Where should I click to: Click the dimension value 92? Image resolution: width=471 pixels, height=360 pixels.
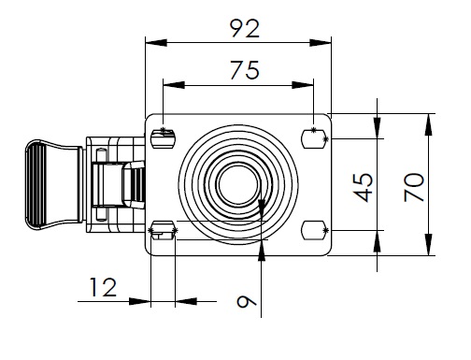point(245,29)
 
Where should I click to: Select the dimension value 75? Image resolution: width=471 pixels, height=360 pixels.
point(245,70)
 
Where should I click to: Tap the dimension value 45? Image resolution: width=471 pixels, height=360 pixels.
point(363,187)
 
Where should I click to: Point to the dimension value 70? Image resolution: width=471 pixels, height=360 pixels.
point(414,187)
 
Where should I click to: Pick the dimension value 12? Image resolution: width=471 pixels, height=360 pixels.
point(103,287)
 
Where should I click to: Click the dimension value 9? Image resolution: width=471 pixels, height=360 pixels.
point(247,301)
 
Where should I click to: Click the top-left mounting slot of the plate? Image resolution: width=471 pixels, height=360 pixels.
point(163,139)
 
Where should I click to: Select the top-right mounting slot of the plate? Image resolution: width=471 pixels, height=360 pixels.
point(314,139)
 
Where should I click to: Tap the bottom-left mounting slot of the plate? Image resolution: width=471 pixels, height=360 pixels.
point(163,230)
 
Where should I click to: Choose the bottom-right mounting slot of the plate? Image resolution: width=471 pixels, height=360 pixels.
point(314,230)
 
